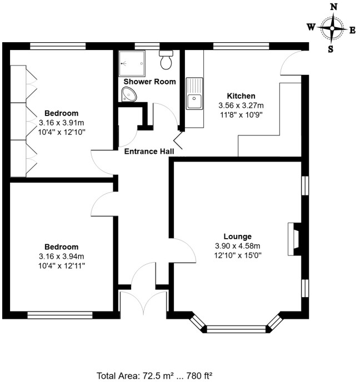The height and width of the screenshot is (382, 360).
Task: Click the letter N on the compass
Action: click(334, 7)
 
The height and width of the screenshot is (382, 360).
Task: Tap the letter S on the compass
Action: click(331, 48)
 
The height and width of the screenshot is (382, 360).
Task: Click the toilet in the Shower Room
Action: click(166, 60)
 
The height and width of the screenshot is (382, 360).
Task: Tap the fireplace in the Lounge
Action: click(294, 239)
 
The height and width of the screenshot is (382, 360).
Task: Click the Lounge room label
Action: click(237, 236)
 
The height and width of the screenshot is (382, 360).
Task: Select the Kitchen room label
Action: click(241, 96)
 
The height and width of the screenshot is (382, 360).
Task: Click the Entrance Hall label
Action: click(149, 152)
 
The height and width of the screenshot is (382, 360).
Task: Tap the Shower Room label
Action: click(149, 82)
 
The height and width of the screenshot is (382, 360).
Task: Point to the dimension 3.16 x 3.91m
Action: click(62, 123)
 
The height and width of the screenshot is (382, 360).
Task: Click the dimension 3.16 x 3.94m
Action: click(62, 256)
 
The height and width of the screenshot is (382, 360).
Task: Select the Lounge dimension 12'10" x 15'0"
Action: click(238, 255)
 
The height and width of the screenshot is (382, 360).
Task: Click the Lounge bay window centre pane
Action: click(237, 329)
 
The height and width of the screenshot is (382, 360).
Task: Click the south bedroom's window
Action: click(59, 315)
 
